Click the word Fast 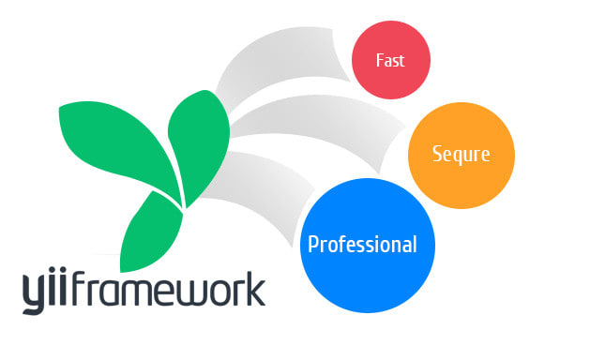pyautogui.click(x=390, y=61)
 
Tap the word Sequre pyautogui.click(x=461, y=155)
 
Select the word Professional pyautogui.click(x=362, y=244)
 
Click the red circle pyautogui.click(x=391, y=60)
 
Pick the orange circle pyautogui.click(x=461, y=156)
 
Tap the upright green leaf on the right pyautogui.click(x=198, y=146)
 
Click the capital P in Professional pyautogui.click(x=313, y=244)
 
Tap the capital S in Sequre pyautogui.click(x=437, y=154)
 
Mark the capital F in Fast pyautogui.click(x=380, y=61)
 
